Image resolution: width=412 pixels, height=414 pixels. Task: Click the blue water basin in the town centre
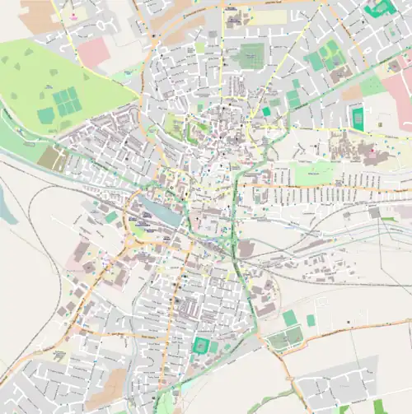(x=162, y=211)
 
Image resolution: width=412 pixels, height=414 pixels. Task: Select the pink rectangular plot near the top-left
(x=93, y=51)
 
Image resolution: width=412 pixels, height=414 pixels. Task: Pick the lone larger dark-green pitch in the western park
(x=45, y=115)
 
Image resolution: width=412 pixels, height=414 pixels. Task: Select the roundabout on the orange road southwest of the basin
(x=132, y=244)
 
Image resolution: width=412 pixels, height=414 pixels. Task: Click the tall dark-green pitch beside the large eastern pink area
(x=357, y=118)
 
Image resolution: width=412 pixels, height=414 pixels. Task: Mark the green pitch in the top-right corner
(x=380, y=8)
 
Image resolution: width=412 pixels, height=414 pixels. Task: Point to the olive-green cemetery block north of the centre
(x=251, y=56)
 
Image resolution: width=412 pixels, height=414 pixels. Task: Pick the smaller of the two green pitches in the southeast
(x=311, y=320)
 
